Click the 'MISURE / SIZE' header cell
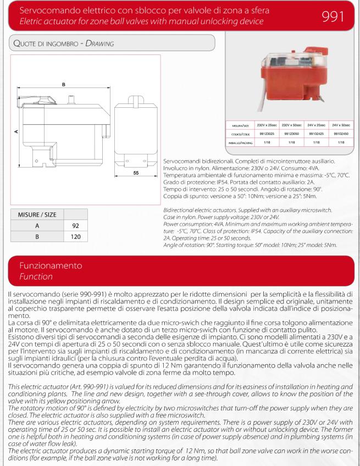(x=37, y=213)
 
